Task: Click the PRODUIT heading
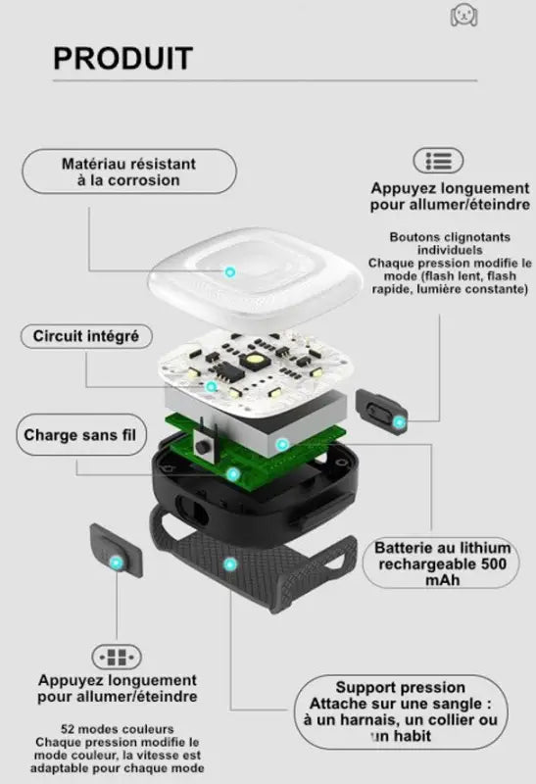coord(123,59)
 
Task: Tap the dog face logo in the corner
coord(463,15)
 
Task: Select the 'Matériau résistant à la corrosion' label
coord(129,171)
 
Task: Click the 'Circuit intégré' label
coord(86,336)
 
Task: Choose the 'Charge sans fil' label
coord(80,435)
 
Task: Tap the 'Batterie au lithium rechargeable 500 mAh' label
coord(442,563)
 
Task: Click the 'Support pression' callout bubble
coord(400,711)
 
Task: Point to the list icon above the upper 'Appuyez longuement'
coord(438,161)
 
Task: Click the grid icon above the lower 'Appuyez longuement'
coord(117,657)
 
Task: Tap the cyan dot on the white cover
coord(230,272)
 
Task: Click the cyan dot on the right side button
coord(399,422)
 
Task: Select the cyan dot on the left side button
coord(117,563)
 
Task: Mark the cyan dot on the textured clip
coord(230,565)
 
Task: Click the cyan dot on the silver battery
coord(282,444)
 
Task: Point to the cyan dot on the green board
coord(233,474)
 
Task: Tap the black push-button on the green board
coord(203,446)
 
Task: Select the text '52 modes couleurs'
coord(118,729)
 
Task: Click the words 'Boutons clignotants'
coord(450,237)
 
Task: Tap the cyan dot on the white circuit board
coord(212,386)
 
